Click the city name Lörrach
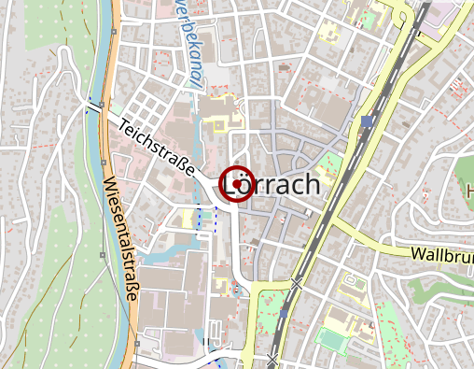(x=272, y=184)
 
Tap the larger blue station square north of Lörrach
(x=368, y=121)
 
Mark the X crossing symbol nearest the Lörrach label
(x=297, y=281)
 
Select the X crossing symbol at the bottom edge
(x=272, y=358)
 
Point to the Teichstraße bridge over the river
(x=97, y=108)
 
